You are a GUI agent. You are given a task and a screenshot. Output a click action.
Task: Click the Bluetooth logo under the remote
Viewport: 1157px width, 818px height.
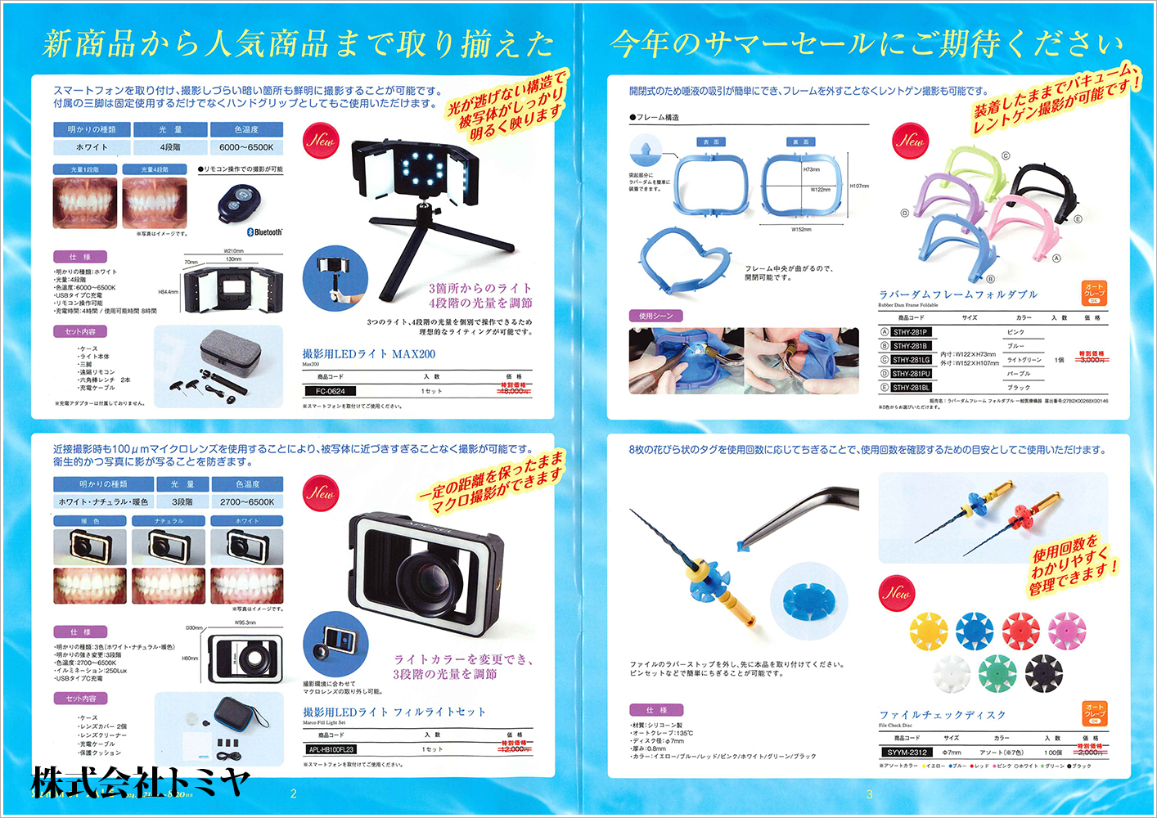click(x=264, y=232)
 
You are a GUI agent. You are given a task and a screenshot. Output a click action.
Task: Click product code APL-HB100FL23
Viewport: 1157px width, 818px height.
click(x=331, y=749)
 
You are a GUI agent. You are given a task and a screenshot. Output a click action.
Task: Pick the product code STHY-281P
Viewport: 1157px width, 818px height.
click(x=910, y=332)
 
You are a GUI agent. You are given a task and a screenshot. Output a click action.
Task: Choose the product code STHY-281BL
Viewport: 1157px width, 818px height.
click(x=911, y=388)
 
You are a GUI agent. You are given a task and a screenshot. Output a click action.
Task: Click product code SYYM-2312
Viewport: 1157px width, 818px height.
click(x=907, y=752)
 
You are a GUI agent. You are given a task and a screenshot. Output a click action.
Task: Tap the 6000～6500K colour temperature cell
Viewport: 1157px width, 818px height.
click(x=246, y=147)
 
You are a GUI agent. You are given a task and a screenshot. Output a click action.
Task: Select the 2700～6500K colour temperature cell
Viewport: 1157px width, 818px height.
click(x=247, y=501)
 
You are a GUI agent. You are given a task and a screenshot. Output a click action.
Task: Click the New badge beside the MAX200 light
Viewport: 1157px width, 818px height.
click(x=321, y=140)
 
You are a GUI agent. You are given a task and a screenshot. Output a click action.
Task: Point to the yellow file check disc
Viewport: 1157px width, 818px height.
click(x=929, y=630)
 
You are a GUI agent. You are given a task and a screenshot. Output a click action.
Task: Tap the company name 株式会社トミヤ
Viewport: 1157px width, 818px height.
click(x=140, y=781)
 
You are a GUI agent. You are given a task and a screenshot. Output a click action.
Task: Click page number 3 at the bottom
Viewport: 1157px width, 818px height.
click(x=869, y=793)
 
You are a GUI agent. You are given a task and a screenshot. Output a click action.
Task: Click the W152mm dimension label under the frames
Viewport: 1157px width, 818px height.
click(x=801, y=230)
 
